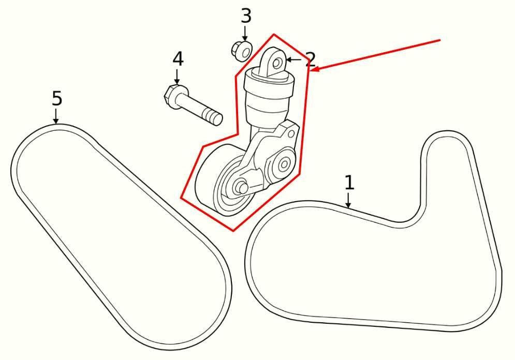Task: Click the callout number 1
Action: coord(349,183)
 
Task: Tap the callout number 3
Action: coord(246,16)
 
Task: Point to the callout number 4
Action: coord(178,59)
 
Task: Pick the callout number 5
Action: coord(57,98)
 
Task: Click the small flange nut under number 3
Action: coord(242,51)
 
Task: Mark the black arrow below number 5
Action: coord(56,116)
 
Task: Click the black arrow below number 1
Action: coord(348,201)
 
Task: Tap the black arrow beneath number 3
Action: coord(245,34)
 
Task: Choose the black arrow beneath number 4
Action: coord(177,77)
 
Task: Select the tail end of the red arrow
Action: coord(440,40)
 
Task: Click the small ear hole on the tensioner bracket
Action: coord(291,134)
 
